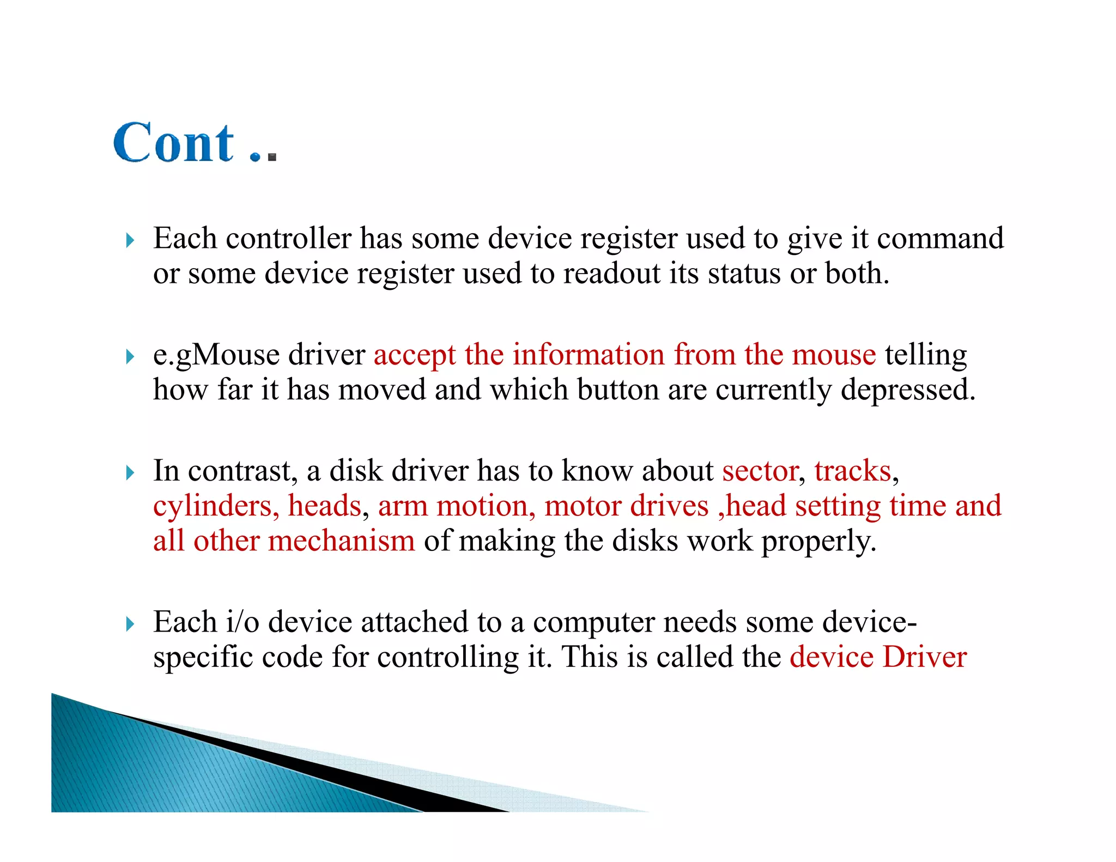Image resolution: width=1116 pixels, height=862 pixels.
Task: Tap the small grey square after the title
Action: click(272, 157)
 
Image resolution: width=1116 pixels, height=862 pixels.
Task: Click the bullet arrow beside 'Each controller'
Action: click(130, 240)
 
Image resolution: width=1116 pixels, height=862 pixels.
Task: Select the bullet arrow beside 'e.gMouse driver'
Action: click(130, 357)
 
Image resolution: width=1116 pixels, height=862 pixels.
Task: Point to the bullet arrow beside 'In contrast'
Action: click(130, 472)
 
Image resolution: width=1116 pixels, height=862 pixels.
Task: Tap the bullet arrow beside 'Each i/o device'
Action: click(130, 624)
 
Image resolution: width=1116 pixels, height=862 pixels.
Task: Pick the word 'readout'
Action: click(612, 274)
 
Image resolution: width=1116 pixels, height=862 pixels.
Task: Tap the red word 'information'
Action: click(588, 355)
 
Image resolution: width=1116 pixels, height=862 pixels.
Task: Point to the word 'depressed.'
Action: click(907, 390)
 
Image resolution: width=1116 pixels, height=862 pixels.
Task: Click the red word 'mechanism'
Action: click(342, 541)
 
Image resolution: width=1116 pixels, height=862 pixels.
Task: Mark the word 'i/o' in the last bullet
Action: click(242, 622)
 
